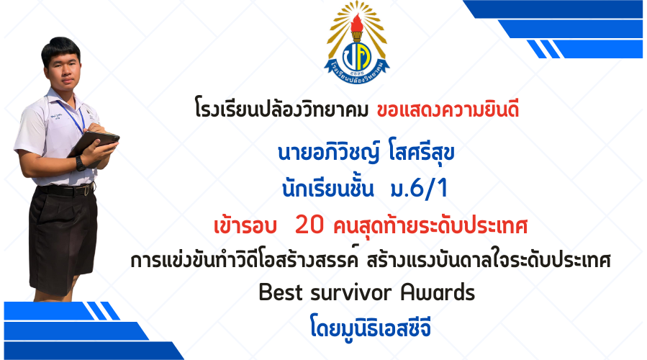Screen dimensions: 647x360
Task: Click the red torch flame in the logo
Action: (356, 22)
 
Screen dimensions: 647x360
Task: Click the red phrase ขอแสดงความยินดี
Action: (448, 110)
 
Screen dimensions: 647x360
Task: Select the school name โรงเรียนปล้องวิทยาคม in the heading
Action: (282, 110)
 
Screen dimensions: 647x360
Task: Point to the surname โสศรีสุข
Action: (421, 152)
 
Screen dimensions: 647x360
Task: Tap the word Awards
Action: (438, 292)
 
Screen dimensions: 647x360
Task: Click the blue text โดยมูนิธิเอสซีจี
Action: (371, 328)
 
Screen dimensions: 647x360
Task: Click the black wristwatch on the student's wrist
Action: (80, 163)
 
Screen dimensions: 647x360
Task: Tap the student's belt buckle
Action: (87, 190)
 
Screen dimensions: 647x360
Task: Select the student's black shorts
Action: (63, 240)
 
